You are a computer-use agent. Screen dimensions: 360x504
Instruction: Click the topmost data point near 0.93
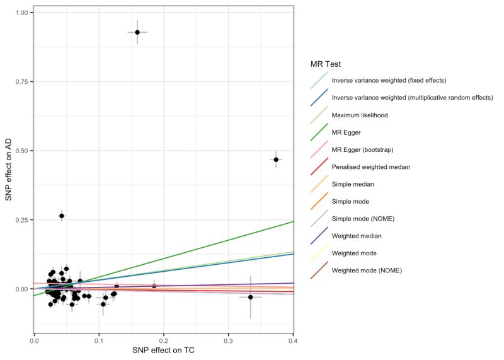[x=137, y=32]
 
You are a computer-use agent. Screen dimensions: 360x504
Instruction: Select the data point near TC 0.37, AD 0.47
[x=275, y=160]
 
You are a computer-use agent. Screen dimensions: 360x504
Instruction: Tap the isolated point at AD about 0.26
[x=62, y=216]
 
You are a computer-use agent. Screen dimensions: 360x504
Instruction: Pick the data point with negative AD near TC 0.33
[x=250, y=297]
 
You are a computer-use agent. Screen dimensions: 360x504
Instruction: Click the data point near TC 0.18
[x=154, y=286]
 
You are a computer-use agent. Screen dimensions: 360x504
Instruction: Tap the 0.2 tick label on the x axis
[x=163, y=340]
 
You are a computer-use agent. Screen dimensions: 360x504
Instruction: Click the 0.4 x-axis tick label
[x=293, y=340]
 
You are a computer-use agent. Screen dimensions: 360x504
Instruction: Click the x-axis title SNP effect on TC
[x=163, y=351]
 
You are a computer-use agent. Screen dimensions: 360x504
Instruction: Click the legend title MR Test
[x=327, y=64]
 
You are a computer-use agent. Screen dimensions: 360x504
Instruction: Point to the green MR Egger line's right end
[x=292, y=221]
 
